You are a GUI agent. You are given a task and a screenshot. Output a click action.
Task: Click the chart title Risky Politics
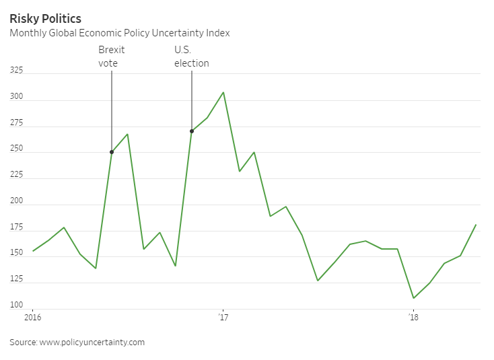click(x=45, y=18)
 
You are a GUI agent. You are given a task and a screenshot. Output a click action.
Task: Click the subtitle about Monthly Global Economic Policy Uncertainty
click(x=120, y=33)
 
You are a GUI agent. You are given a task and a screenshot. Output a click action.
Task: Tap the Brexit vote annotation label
click(x=112, y=57)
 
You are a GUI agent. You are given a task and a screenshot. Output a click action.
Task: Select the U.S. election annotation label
click(x=192, y=57)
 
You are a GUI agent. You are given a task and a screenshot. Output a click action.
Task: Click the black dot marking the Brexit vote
click(x=112, y=152)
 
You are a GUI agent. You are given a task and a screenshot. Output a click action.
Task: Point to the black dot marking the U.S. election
click(x=192, y=131)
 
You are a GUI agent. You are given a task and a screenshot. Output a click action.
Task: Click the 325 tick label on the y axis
click(x=16, y=69)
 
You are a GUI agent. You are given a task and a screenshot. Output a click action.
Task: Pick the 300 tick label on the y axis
click(x=16, y=96)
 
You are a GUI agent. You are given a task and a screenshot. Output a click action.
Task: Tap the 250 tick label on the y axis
click(x=16, y=148)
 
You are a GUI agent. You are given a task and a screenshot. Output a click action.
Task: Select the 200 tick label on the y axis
click(x=16, y=201)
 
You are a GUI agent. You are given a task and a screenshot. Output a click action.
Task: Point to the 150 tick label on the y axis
click(x=16, y=252)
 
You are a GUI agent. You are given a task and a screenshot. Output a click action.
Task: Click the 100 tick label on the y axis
click(x=16, y=305)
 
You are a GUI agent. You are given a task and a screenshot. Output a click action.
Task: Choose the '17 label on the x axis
click(x=223, y=317)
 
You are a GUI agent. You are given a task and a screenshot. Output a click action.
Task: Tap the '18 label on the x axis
click(x=413, y=317)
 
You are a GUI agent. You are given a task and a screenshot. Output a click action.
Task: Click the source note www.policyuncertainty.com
click(x=77, y=343)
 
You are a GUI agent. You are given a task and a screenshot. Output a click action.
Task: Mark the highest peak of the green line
click(x=223, y=92)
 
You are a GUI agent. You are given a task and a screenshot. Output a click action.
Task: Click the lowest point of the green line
click(x=413, y=298)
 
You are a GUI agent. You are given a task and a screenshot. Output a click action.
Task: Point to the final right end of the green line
click(x=476, y=225)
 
